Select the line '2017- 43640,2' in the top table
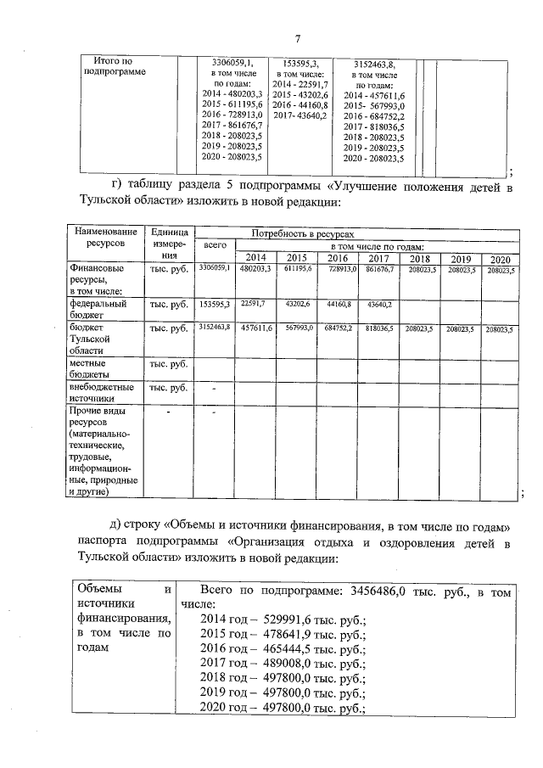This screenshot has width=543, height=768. tap(299, 115)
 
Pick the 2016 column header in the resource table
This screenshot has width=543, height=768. tap(338, 258)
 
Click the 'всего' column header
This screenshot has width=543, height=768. tap(216, 244)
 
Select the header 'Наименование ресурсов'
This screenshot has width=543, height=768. tap(105, 237)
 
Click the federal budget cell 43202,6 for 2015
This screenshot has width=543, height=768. tap(297, 303)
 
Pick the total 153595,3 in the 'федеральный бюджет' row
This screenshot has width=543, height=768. tap(216, 303)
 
